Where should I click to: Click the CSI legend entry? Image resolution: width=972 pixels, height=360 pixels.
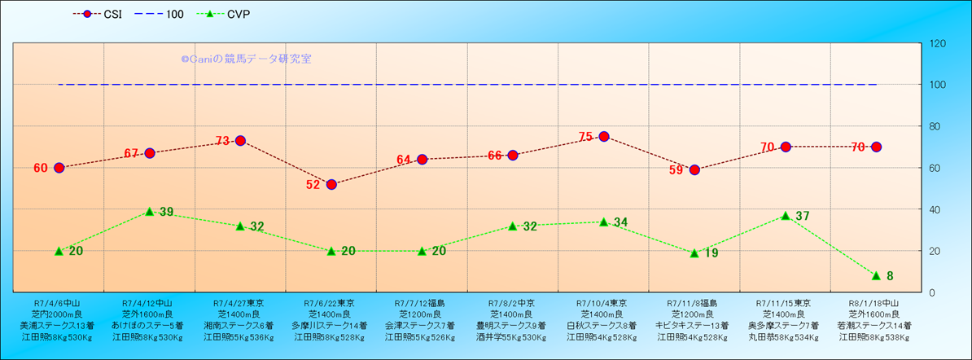click(102, 14)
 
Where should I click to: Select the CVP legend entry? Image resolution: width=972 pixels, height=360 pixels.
click(229, 14)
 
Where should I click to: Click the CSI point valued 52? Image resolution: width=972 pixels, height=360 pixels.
click(331, 184)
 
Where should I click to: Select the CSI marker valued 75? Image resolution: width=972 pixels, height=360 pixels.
click(604, 137)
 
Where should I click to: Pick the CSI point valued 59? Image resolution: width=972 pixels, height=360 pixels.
click(694, 169)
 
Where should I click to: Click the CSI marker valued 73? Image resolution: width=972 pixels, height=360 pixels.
click(240, 141)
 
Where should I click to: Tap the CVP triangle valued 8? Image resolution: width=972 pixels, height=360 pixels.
click(876, 276)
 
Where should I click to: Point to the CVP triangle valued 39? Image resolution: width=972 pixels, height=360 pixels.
click(150, 212)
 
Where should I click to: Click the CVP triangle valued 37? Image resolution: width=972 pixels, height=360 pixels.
click(786, 216)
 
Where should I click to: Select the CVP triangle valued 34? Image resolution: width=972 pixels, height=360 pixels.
click(604, 222)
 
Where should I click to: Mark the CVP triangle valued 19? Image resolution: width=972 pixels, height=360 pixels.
click(694, 253)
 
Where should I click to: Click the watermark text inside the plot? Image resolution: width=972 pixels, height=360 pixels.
click(246, 59)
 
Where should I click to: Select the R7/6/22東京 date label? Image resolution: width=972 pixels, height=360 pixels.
click(331, 302)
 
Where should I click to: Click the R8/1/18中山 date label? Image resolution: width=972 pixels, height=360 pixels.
click(875, 302)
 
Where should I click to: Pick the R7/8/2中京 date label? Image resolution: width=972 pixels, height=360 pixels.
click(512, 302)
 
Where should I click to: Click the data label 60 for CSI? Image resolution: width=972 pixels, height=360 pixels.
click(41, 168)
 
